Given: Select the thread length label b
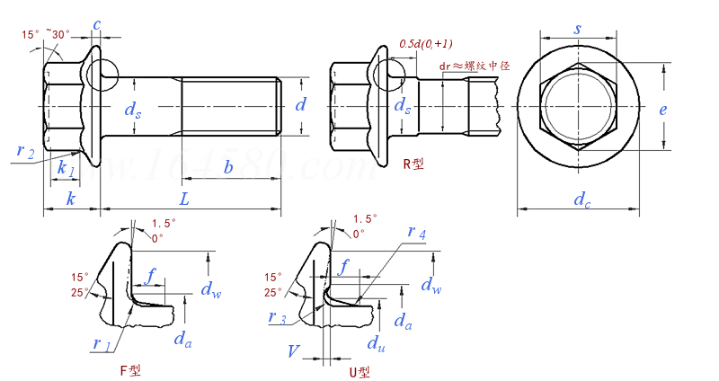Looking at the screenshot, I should tap(229, 167).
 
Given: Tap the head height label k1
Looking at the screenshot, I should tap(65, 168).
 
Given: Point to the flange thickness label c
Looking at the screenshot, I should tap(96, 24).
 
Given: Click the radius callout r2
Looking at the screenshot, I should tap(25, 151).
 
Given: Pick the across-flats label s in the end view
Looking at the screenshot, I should tap(577, 29).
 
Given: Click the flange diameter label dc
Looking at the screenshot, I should tap(582, 199).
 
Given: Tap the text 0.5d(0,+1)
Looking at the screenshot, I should tap(425, 43).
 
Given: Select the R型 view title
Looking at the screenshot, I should tap(415, 164).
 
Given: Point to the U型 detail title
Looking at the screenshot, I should tap(359, 371).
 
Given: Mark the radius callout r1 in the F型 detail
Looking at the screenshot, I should tap(101, 342).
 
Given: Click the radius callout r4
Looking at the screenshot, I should tap(416, 233).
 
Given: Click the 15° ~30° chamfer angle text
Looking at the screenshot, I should tap(47, 34).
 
